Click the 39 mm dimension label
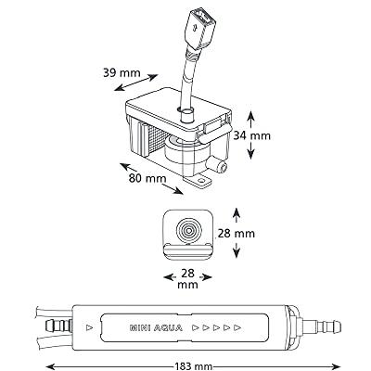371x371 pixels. point(122,73)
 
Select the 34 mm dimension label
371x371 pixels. point(251,135)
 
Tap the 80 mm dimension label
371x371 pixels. point(147,178)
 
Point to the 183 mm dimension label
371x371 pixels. point(194,366)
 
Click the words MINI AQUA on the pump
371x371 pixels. point(156,328)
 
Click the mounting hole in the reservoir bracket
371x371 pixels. point(202,179)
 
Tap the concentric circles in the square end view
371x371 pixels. point(188,230)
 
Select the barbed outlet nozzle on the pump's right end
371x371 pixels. point(322,326)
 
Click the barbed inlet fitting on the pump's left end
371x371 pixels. point(58,326)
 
